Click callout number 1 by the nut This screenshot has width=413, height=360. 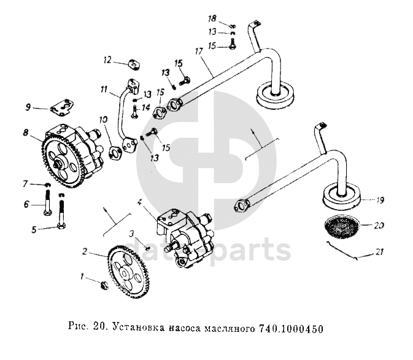[x=83, y=277]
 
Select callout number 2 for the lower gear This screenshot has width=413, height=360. [x=85, y=251]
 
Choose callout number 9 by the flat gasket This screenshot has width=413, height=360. [x=28, y=108]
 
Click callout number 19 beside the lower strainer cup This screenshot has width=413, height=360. [x=380, y=201]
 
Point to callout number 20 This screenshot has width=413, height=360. [x=380, y=226]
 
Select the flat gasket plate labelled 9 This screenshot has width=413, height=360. [x=61, y=108]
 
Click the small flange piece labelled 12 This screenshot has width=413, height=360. [x=132, y=63]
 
